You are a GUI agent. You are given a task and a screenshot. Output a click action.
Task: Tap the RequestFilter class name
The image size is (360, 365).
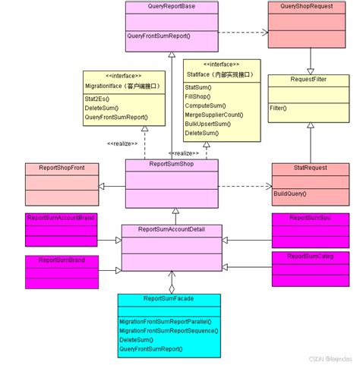coord(308,79)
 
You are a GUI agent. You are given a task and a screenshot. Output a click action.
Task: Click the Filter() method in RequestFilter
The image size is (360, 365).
coord(279,108)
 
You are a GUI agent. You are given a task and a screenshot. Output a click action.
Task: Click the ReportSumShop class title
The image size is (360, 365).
coord(171,164)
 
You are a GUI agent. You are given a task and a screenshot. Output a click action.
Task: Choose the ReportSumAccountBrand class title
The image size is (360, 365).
coord(61,218)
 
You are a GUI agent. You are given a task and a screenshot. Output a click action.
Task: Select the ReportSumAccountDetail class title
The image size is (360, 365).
coord(172,229)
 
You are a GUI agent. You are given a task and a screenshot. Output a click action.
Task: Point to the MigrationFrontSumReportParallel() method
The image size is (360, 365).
coord(167,323)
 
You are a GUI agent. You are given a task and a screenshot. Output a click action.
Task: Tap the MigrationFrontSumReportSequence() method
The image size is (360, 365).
coord(169,332)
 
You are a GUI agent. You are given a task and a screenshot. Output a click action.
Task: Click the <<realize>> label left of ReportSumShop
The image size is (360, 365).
coord(122,144)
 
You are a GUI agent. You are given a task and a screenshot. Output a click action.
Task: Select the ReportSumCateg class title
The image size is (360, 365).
coord(311,256)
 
